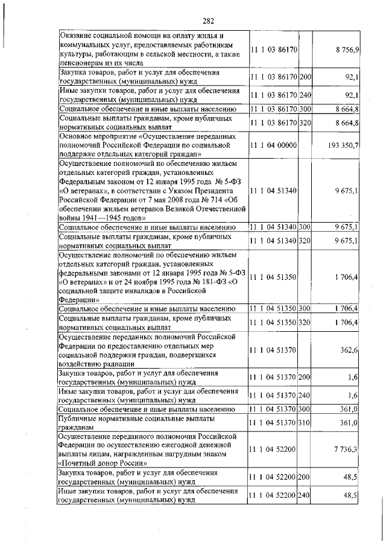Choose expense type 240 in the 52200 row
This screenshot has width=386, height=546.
tap(305, 495)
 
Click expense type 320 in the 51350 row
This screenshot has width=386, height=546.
tap(305, 323)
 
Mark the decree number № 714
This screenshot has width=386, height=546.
tap(195, 200)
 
